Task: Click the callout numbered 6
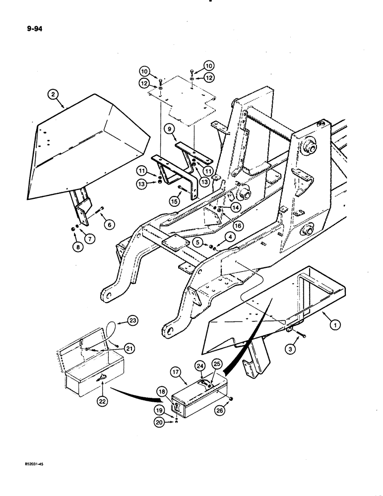[x=110, y=224]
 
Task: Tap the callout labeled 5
[x=198, y=242]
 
